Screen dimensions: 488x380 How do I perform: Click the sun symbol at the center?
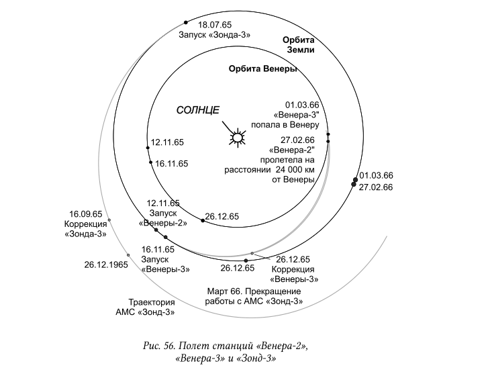238,137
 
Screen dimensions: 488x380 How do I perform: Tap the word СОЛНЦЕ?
198,110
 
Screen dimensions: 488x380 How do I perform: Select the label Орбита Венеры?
262,68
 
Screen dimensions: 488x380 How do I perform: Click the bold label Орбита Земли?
299,45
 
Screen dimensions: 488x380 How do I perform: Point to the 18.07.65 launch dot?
186,22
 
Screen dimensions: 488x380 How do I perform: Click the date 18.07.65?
215,25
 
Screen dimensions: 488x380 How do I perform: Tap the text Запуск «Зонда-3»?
214,34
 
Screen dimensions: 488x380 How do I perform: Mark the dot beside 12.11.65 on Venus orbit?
148,148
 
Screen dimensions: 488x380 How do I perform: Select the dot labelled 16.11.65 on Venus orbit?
150,162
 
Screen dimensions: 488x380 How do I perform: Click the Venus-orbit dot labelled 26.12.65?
203,221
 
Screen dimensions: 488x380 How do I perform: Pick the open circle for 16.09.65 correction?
109,220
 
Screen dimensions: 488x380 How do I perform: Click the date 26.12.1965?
106,265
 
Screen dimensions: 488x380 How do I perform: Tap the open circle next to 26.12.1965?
128,255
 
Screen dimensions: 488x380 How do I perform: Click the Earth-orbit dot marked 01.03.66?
355,180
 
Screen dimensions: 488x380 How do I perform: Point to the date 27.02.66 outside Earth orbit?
376,187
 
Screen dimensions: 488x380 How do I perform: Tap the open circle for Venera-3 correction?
252,253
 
